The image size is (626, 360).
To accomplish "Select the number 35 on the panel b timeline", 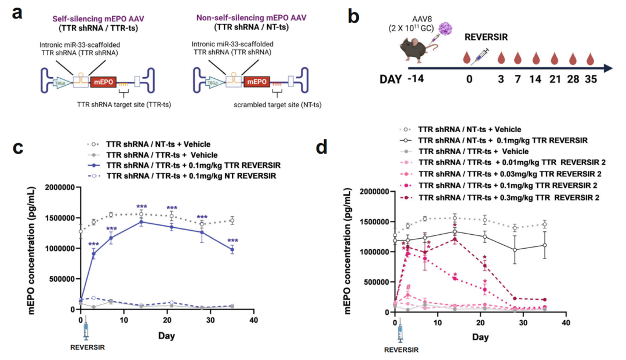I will [x=590, y=79].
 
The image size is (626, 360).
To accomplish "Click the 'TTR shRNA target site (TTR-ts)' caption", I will [x=121, y=105].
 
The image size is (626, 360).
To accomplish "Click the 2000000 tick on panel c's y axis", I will [x=55, y=187].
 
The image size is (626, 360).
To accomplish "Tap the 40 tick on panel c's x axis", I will [x=253, y=320].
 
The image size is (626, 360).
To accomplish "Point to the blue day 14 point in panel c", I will [x=140, y=221].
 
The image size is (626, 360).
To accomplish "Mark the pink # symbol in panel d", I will [x=409, y=287].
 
